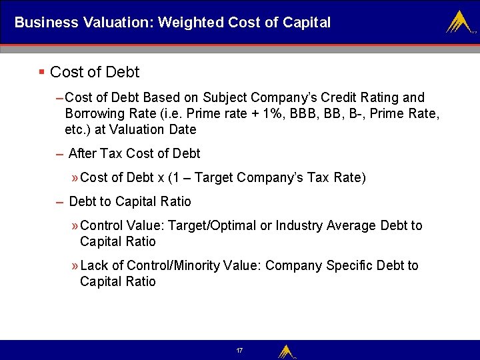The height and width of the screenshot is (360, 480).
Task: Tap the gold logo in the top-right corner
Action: click(x=459, y=22)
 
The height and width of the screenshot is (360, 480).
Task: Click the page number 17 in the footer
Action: click(x=239, y=351)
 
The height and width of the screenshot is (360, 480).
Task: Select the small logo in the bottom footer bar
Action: click(x=286, y=351)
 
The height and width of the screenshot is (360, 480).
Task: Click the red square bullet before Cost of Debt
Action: click(x=41, y=71)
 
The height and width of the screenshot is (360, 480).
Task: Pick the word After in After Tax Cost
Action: click(x=82, y=153)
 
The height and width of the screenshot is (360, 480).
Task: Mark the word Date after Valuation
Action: click(x=182, y=129)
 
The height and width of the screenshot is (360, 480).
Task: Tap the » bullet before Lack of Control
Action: click(x=74, y=265)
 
